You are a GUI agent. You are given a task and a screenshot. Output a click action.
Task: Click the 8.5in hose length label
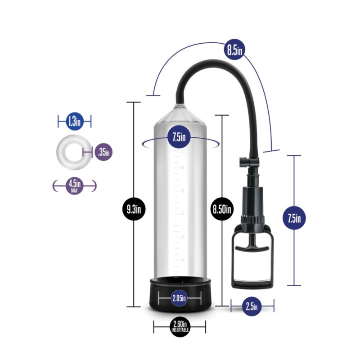[x=234, y=49]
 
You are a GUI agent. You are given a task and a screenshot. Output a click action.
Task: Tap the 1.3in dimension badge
[x=75, y=121]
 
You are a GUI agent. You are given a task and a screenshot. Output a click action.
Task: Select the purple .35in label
[x=103, y=152]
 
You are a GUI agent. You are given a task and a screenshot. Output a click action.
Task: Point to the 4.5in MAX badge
[x=74, y=186]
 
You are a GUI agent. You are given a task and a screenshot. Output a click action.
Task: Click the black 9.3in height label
[x=134, y=209]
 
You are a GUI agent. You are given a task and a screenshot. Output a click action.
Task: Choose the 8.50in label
[x=222, y=209]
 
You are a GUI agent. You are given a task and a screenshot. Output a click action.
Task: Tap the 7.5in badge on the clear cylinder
[x=179, y=137]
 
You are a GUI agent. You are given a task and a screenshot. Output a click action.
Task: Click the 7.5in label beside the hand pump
[x=294, y=218]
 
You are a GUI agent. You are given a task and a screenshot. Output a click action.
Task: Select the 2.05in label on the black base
[x=179, y=298]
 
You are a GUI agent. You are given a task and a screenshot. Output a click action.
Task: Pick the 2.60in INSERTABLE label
[x=180, y=327]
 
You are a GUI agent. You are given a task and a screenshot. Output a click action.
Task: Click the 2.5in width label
[x=252, y=306]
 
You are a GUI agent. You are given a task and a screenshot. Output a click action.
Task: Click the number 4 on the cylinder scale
[x=183, y=214]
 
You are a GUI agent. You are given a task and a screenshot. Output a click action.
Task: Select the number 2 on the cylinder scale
[x=183, y=260]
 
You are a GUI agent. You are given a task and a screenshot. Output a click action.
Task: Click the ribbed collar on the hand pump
[x=252, y=219]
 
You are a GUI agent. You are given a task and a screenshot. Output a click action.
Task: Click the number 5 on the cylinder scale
[x=183, y=191]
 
